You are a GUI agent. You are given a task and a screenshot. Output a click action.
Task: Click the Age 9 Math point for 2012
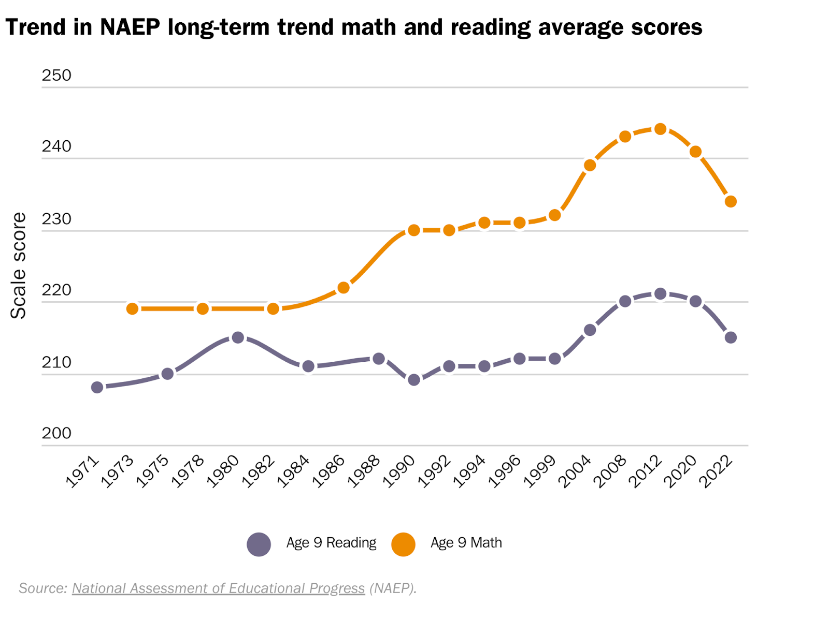660,129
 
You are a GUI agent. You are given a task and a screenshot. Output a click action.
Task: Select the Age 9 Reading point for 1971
97,387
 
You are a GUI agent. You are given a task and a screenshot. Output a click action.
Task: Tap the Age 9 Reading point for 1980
238,337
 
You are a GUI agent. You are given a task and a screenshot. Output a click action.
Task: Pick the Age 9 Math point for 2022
731,201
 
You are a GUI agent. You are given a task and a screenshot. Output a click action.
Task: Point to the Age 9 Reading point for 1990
414,380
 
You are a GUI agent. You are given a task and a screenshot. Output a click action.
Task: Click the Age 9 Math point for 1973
133,308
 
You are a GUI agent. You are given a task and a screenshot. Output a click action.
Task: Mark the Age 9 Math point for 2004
590,165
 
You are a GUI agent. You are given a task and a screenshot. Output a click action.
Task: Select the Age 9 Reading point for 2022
731,337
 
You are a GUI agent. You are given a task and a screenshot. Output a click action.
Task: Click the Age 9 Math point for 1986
344,287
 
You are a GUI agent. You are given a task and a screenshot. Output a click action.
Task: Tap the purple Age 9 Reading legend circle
259,544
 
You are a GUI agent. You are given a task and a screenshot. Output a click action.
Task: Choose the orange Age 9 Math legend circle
403,544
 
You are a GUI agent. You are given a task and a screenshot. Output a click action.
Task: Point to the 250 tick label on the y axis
56,76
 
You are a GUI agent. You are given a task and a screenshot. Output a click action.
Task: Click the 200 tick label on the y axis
56,433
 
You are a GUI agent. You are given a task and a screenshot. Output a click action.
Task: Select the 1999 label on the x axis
539,471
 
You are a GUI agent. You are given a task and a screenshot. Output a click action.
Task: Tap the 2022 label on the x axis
716,471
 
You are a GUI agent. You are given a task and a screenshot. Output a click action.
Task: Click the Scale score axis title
18,265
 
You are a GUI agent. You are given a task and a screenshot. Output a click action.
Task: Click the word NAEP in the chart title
130,27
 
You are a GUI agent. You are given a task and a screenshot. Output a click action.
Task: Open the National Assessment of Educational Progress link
218,588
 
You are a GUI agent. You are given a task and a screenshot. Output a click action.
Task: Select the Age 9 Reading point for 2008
625,301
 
